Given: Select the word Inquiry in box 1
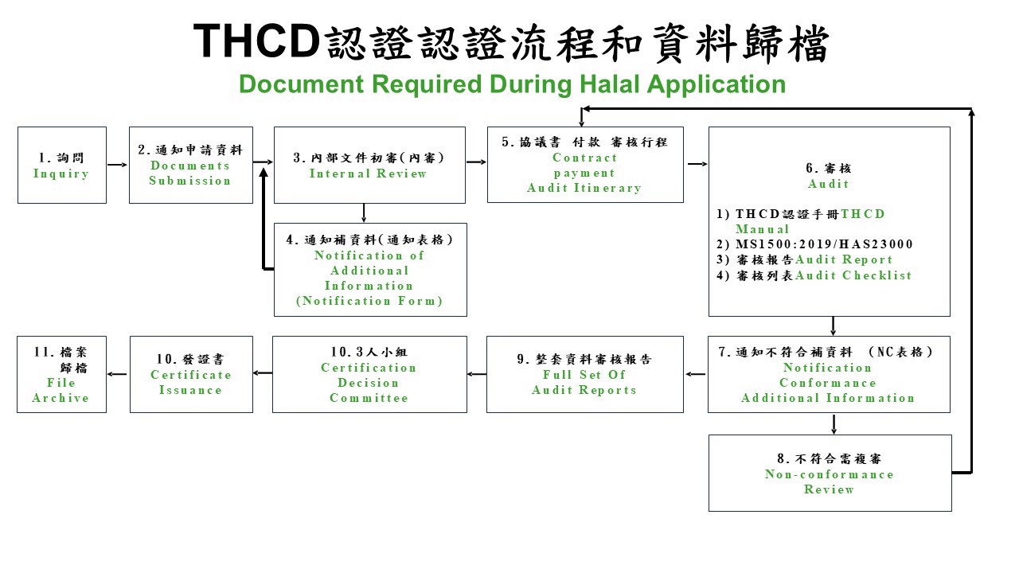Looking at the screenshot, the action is [61, 173].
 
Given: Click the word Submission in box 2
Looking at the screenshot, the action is [190, 181].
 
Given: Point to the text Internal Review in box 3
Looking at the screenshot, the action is [368, 173].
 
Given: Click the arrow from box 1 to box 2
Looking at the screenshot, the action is [117, 165].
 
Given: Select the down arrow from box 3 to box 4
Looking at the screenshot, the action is [364, 212].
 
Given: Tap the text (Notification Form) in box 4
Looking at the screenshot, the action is [369, 301].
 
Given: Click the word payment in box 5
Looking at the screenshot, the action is [584, 173].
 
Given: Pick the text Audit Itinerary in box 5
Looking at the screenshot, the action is [584, 188].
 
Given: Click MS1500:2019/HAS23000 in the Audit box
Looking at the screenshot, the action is [824, 244].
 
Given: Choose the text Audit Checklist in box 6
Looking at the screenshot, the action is [853, 275].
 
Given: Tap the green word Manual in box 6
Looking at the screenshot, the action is [763, 229].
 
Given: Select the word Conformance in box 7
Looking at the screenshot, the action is [828, 383].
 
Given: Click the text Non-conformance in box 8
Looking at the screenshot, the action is [830, 474].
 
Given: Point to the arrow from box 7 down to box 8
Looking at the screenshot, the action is [834, 424].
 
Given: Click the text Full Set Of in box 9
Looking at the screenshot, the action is [584, 375].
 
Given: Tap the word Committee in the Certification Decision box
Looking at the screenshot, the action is [369, 398].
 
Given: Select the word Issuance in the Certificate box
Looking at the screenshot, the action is [190, 390].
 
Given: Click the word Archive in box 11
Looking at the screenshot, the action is [61, 398].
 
